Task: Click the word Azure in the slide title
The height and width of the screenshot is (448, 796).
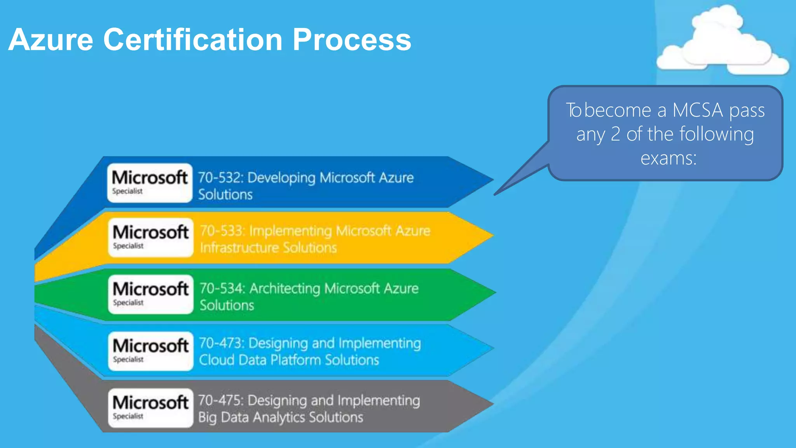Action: pyautogui.click(x=51, y=40)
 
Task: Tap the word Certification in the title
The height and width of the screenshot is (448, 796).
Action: pyautogui.click(x=193, y=40)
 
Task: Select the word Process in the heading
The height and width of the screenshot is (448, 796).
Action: pyautogui.click(x=352, y=40)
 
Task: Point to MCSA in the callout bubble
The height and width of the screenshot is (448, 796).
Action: pyautogui.click(x=698, y=110)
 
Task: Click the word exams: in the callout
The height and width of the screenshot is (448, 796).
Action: pyautogui.click(x=669, y=158)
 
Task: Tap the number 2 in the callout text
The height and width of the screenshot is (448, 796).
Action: pyautogui.click(x=615, y=135)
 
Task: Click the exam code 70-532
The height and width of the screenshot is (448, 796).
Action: pyautogui.click(x=220, y=178)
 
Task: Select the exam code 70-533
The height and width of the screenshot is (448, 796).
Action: pyautogui.click(x=222, y=231)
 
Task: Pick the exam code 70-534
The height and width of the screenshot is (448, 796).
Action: pyautogui.click(x=222, y=289)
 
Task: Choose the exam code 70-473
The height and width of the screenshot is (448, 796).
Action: pyautogui.click(x=221, y=343)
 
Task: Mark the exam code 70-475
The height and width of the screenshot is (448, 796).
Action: pyautogui.click(x=220, y=401)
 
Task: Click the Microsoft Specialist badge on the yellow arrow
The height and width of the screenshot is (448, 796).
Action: pyautogui.click(x=150, y=238)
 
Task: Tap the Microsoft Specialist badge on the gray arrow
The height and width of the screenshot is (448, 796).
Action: pyautogui.click(x=150, y=408)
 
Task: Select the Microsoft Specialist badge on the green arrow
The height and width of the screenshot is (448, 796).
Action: pyautogui.click(x=150, y=294)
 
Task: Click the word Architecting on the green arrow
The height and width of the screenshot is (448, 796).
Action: pyautogui.click(x=285, y=289)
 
